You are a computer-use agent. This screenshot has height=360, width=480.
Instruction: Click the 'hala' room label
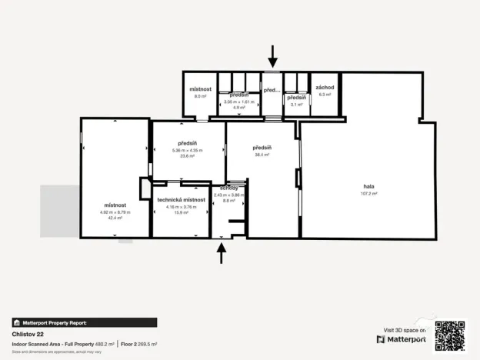pos(368,186)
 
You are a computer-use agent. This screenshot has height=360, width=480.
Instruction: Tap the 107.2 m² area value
pos(368,193)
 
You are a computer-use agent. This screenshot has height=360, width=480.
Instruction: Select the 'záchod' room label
pos(325,88)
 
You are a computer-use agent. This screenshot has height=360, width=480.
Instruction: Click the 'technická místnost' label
pos(185,199)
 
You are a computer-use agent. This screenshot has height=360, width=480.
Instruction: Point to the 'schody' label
pos(228,188)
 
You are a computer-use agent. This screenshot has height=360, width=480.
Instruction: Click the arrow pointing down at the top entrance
pos(272,55)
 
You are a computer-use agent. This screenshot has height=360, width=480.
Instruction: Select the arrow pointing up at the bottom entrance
pos(222,252)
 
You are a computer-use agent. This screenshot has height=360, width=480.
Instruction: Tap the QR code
pos(450,335)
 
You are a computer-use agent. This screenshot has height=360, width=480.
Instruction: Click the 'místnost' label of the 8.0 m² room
pos(200,89)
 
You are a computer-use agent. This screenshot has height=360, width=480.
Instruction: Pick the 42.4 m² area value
pos(115,218)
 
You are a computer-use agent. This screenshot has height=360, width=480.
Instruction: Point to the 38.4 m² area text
pos(262,155)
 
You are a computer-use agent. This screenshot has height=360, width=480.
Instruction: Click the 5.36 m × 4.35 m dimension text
pos(188,150)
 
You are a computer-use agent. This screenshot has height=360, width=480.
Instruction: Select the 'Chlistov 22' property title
pos(27,335)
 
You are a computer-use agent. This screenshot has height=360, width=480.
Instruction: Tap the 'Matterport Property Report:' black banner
pos(84,323)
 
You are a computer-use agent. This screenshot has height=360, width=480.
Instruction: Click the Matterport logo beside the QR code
pos(402,339)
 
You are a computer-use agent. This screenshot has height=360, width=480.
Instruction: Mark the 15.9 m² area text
pos(185,212)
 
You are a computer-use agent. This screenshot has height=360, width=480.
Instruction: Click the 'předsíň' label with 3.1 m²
pos(296,98)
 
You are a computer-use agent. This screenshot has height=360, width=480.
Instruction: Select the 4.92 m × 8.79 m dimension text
pos(115,212)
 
